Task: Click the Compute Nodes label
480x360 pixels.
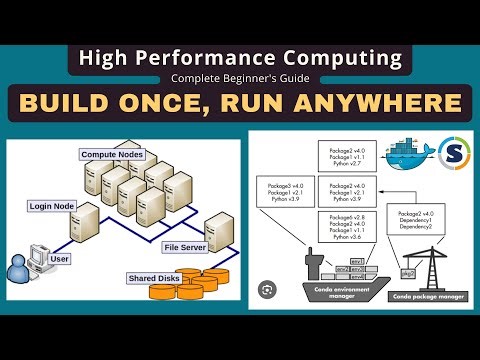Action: click(x=111, y=155)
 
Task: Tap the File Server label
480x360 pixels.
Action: click(x=184, y=246)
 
